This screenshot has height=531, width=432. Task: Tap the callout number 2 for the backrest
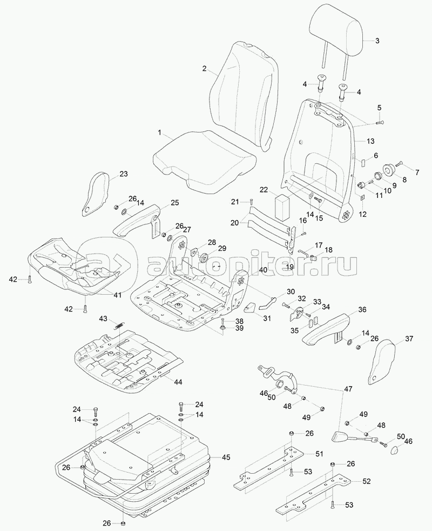point(205,69)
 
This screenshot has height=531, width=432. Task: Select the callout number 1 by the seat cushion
point(159,132)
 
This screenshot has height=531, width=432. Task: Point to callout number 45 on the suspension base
point(226,457)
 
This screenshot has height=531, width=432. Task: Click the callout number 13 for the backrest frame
point(370,141)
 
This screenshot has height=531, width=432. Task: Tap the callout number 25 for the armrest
point(174,203)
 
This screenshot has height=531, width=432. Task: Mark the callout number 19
point(289,267)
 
